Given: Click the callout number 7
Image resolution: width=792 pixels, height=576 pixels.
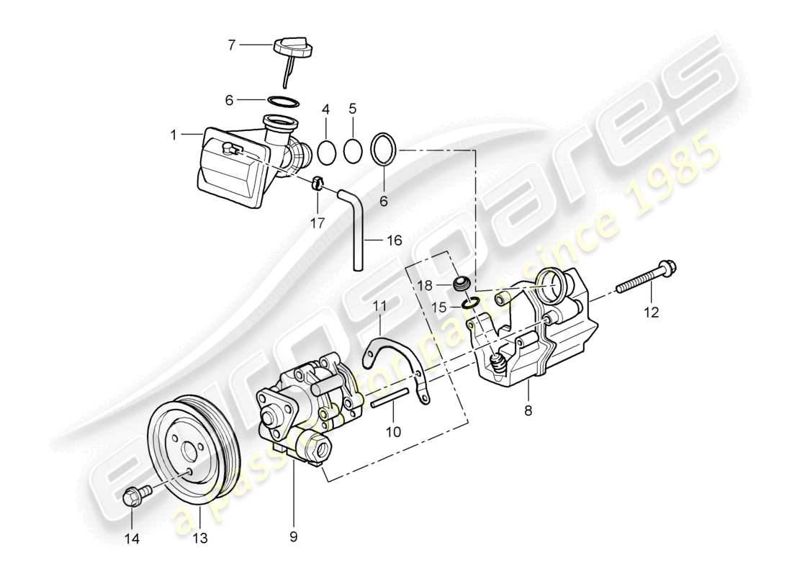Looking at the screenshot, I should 231,45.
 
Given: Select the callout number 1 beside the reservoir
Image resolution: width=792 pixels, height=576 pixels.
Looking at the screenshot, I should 173,134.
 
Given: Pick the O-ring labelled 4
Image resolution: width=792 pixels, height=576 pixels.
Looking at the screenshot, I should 326,151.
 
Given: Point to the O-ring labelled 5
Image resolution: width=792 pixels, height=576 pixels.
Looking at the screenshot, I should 353,151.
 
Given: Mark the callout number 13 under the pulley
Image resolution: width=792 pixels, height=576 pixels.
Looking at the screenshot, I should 199,538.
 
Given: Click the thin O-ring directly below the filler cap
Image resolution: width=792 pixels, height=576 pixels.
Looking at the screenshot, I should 283,101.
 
